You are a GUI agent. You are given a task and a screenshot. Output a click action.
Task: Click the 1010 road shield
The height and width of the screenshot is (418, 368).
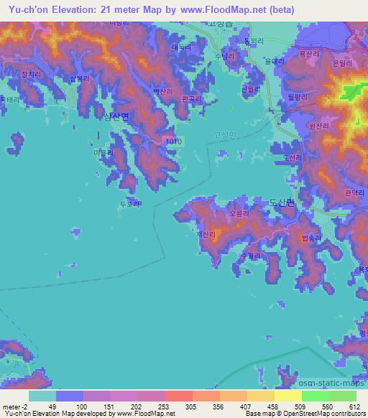pos(170,141)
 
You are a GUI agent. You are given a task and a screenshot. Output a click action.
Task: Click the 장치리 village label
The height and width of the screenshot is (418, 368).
pos(32,75)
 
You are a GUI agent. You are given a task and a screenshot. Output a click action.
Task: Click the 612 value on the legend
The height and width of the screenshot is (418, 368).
pos(351,407)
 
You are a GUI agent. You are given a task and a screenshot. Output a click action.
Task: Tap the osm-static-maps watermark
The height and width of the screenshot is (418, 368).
pos(332,381)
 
